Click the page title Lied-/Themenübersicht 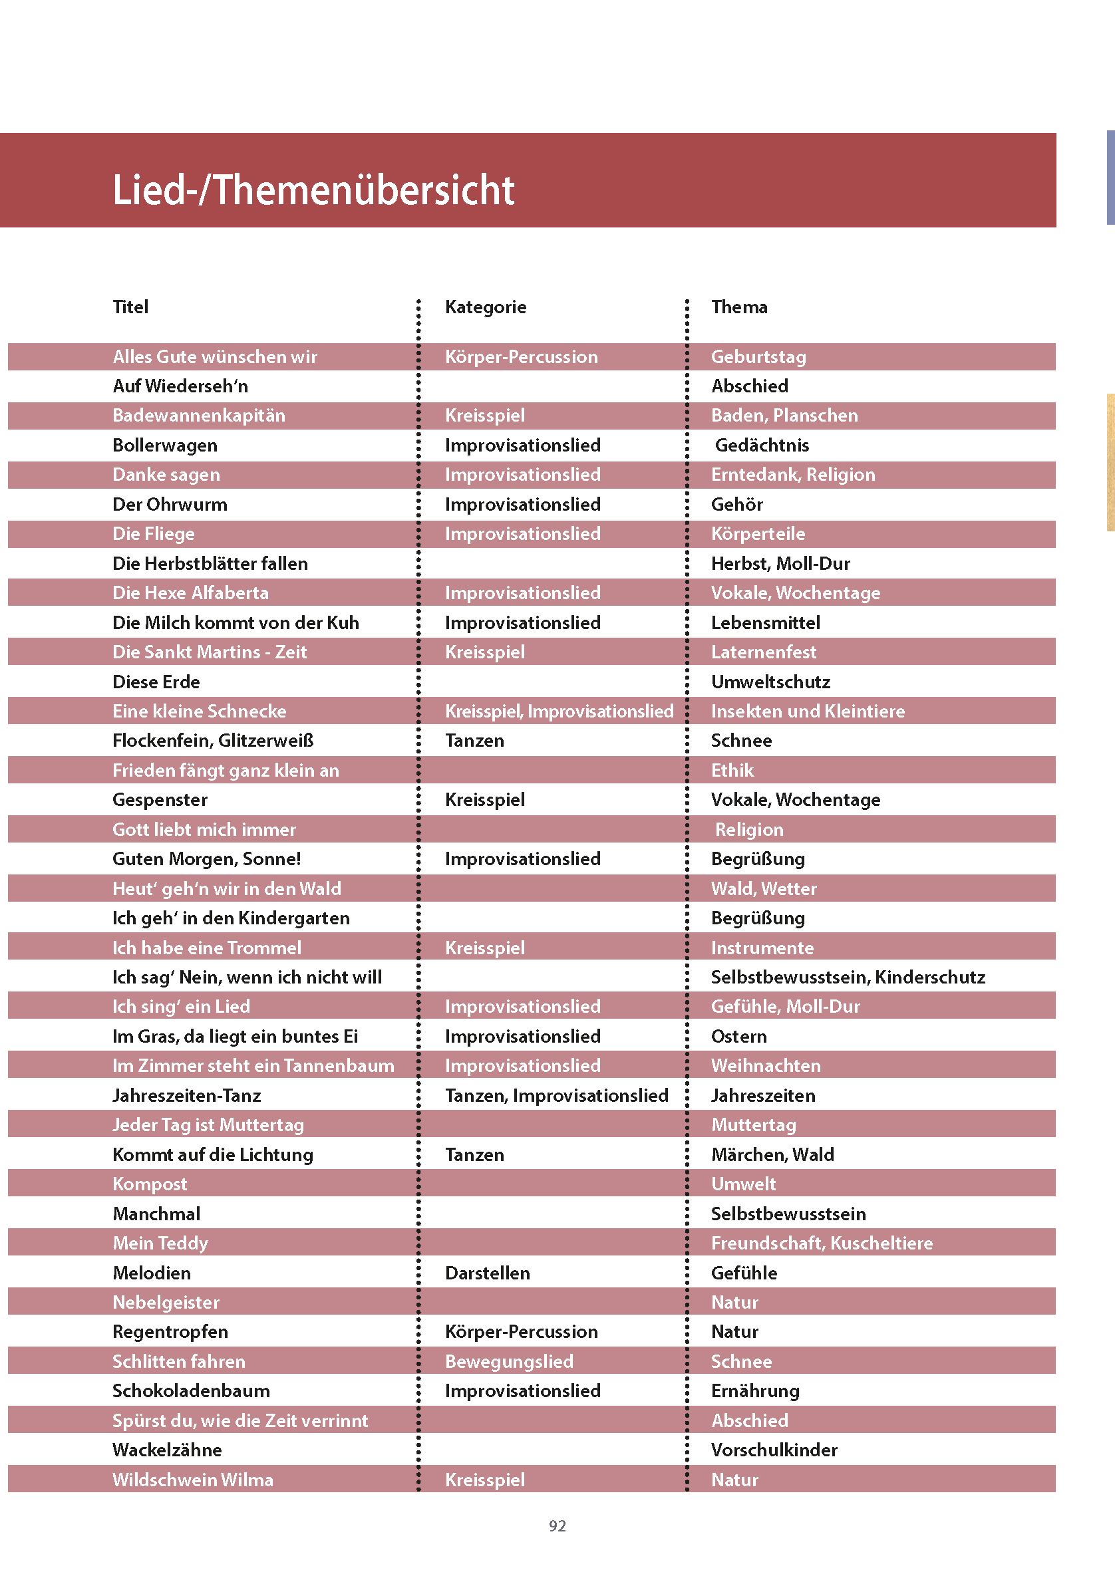point(313,190)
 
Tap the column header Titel point(130,307)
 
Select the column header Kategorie point(486,307)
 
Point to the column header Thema point(738,307)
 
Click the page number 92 point(557,1525)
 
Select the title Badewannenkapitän point(198,415)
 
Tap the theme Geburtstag point(758,357)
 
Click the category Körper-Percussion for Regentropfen point(521,1331)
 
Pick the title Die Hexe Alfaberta point(190,593)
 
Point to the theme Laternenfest point(764,652)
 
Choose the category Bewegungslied point(509,1361)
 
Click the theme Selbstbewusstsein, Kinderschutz point(848,977)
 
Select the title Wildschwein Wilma point(192,1480)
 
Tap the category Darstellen point(488,1273)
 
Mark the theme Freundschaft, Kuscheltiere point(822,1243)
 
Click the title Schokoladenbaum point(191,1391)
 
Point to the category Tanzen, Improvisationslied point(556,1095)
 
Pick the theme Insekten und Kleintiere point(808,711)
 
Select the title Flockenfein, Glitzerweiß point(213,740)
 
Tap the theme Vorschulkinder point(774,1450)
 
